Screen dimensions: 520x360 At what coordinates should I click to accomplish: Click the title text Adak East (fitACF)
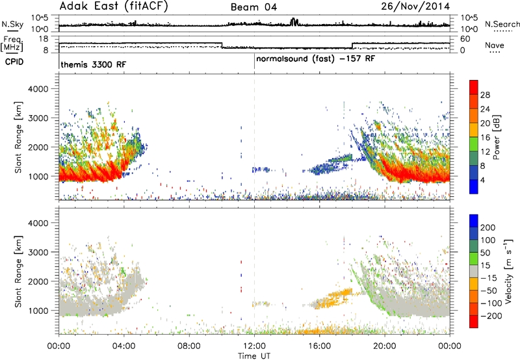coord(113,6)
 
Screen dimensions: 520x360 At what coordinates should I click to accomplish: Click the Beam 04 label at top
coord(253,7)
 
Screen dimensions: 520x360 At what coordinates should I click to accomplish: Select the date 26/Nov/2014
coord(415,6)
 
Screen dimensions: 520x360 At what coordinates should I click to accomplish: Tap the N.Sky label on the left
coord(12,24)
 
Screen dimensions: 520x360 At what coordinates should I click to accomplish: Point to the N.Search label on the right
coord(502,24)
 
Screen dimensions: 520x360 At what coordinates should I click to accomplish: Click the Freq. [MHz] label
coord(12,44)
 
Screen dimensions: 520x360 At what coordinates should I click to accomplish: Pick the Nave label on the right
coord(495,45)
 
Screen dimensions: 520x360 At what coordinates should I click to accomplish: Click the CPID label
coord(14,62)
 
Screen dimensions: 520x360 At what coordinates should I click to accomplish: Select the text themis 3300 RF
coord(94,64)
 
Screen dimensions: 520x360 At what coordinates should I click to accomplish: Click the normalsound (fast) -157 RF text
coord(316,59)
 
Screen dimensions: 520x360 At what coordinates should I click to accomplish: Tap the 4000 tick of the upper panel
coord(38,89)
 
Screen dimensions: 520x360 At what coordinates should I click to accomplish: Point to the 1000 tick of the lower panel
coord(38,311)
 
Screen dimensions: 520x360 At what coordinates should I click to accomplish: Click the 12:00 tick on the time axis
coord(254,346)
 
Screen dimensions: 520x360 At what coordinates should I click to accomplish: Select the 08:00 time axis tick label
coord(189,346)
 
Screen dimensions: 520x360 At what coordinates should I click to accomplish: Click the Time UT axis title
coord(254,355)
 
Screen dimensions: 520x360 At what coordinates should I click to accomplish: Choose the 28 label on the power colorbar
coord(485,95)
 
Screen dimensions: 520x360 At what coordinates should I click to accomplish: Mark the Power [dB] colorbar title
coord(496,137)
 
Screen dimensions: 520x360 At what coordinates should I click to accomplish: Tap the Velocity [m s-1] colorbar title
coord(508,271)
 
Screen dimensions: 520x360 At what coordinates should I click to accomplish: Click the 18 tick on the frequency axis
coord(44,39)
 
